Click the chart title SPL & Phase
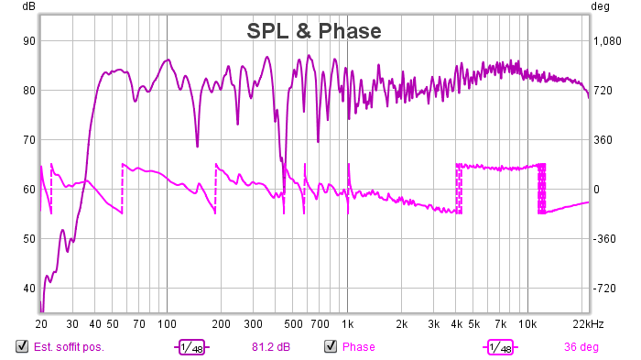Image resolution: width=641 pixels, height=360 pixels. (x=314, y=31)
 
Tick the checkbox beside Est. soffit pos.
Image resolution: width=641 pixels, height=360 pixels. (x=22, y=346)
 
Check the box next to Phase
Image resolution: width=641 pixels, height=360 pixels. (x=331, y=346)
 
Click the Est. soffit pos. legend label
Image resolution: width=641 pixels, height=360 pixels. (x=69, y=347)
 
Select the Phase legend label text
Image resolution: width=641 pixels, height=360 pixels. (x=359, y=347)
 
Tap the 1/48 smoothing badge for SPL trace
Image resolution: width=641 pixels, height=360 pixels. (x=191, y=347)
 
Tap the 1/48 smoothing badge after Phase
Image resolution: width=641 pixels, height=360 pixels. (x=500, y=347)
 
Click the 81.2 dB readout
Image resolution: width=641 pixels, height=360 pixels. (x=271, y=347)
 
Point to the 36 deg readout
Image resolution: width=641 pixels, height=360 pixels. (x=581, y=347)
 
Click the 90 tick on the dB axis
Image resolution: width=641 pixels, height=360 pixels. (x=29, y=41)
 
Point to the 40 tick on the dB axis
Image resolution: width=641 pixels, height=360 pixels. (x=29, y=289)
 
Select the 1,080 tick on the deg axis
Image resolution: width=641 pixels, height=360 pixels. (x=607, y=41)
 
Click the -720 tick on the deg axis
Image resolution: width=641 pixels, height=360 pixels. (x=604, y=289)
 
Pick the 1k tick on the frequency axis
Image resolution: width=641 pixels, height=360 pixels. (x=347, y=324)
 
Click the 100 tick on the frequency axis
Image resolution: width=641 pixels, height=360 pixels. (x=167, y=324)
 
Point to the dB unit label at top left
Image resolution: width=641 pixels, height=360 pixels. (x=28, y=6)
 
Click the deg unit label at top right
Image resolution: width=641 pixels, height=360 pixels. (x=600, y=6)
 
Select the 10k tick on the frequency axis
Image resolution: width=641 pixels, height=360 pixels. (x=527, y=324)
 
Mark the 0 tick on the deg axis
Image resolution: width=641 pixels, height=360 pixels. (x=596, y=190)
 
